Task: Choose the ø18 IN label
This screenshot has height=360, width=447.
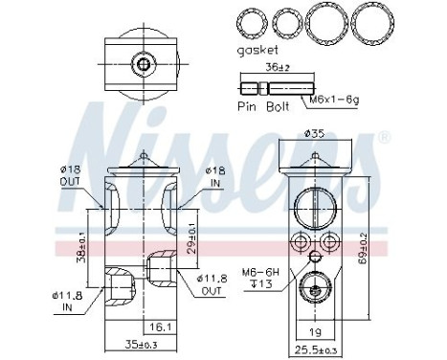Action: (214, 176)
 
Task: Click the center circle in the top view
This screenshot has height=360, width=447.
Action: (144, 66)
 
